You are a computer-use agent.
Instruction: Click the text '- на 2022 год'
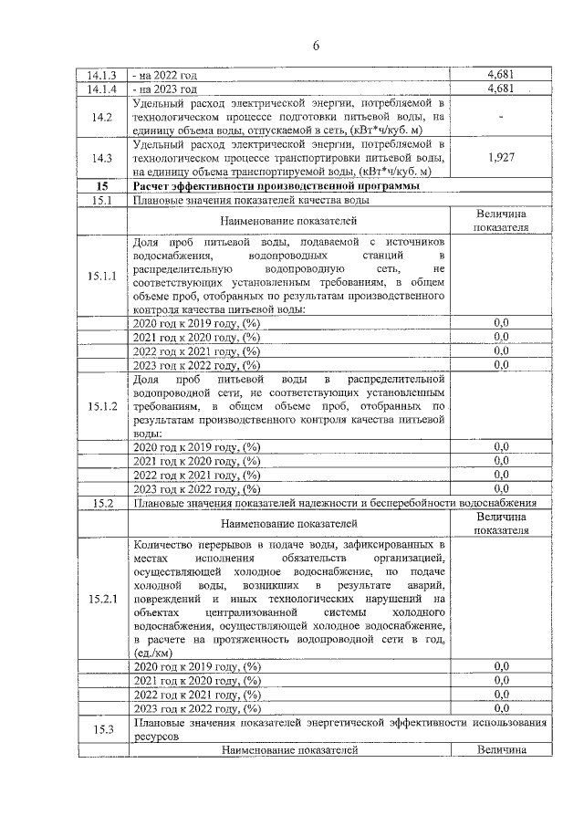[x=165, y=76]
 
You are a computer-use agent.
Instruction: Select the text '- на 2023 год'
[x=165, y=89]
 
